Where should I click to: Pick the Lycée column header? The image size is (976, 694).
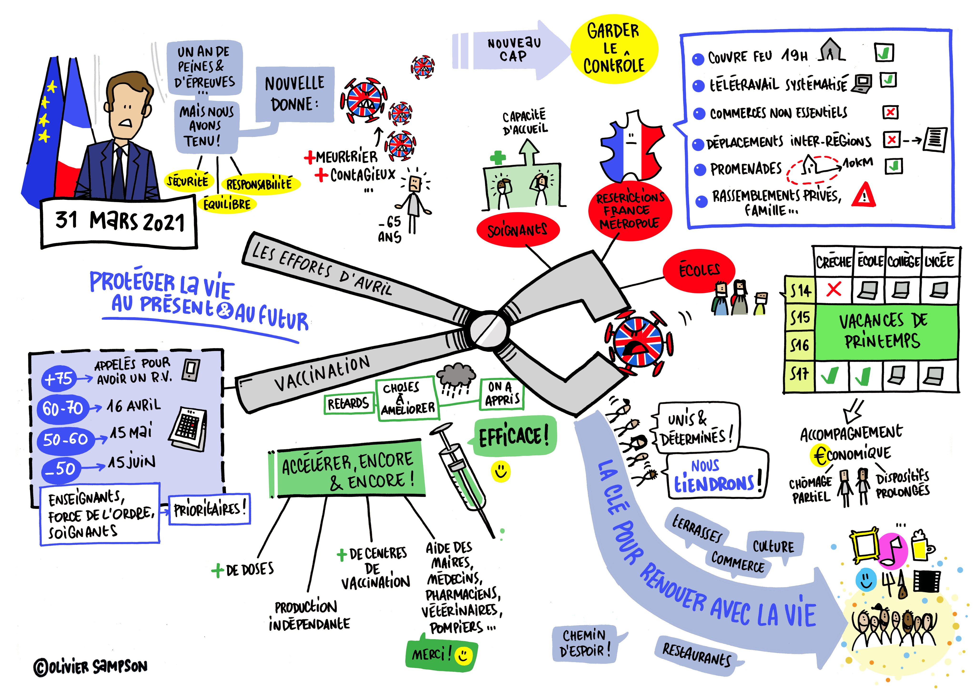(939, 261)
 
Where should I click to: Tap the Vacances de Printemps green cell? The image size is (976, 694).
(885, 332)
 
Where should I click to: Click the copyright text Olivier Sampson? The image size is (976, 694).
(91, 667)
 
